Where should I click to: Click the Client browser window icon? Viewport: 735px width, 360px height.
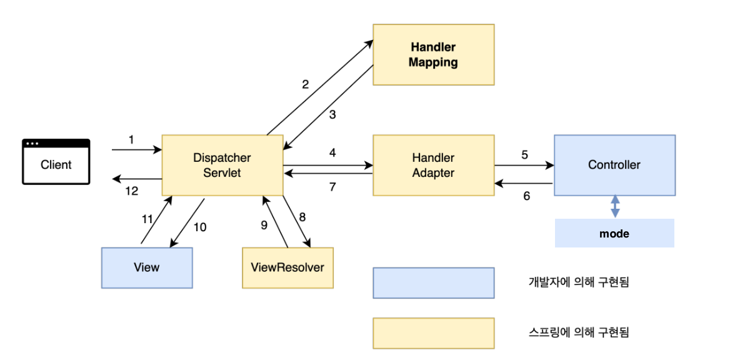coord(56,162)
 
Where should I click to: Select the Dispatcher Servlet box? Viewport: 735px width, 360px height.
coord(223,165)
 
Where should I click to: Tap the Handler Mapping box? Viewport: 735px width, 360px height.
coord(433,55)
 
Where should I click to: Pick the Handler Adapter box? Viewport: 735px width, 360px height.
coord(433,165)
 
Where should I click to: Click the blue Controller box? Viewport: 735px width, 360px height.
coord(614,165)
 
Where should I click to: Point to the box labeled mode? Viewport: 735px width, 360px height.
coord(614,234)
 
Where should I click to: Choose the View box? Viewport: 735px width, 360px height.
coord(147,267)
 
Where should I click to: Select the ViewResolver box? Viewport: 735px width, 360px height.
coord(287,267)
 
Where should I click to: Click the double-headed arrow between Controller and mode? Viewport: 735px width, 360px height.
coord(615,206)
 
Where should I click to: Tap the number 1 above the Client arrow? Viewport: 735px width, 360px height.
coord(131,140)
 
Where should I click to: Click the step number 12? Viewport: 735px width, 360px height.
coord(131,191)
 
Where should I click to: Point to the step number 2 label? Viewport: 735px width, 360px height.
coord(306,84)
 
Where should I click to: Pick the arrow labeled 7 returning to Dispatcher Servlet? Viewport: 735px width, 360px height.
coord(328,174)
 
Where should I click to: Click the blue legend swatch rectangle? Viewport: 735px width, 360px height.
coord(433,283)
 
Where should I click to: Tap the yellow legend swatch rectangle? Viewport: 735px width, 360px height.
coord(433,333)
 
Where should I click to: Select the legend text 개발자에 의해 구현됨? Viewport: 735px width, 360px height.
coord(578,282)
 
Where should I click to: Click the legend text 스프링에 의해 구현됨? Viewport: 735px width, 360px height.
coord(578,332)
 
